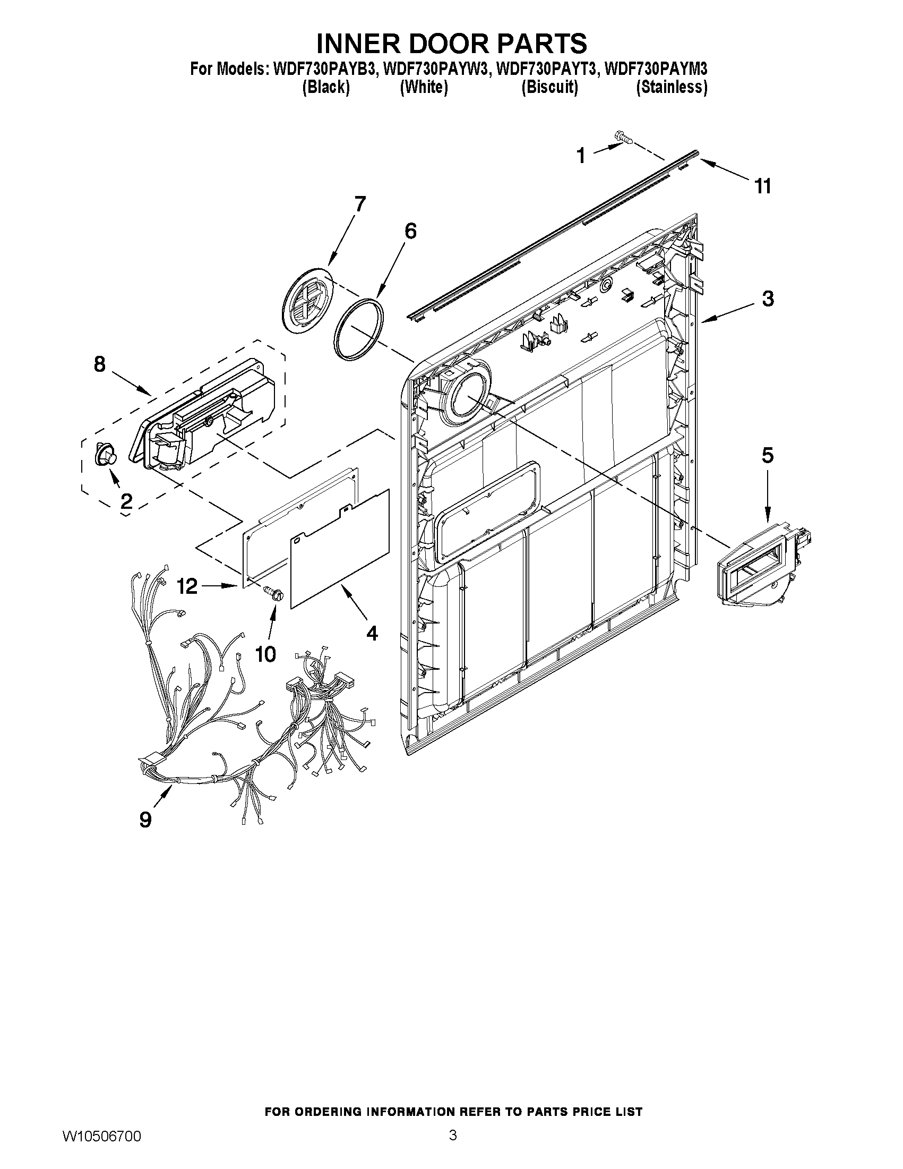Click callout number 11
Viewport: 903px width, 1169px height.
coord(762,186)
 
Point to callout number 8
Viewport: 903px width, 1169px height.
coord(100,364)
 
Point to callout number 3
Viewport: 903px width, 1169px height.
coord(768,298)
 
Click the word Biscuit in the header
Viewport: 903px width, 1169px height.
coord(549,87)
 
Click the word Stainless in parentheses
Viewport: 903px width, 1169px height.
coord(672,87)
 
